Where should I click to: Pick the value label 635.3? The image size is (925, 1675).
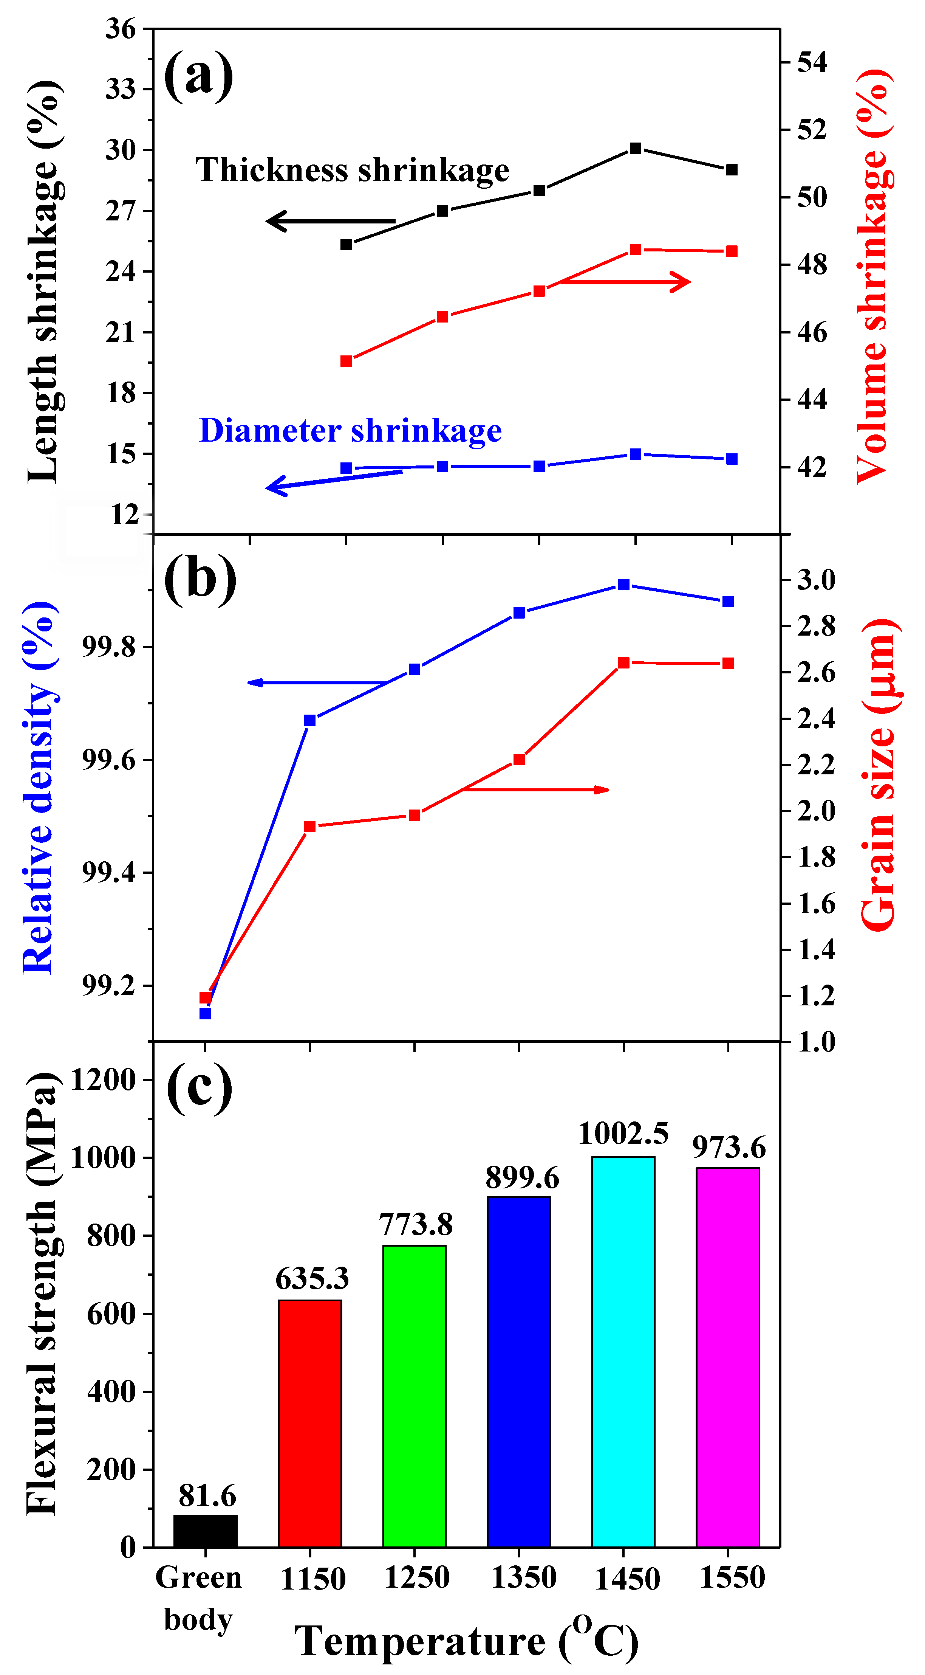tap(311, 1279)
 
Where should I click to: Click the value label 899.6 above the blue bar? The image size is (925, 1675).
tap(522, 1177)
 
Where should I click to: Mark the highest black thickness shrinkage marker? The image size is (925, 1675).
tap(636, 148)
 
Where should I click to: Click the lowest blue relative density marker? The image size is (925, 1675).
tap(206, 1013)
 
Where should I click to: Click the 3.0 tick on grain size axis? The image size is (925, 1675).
tap(816, 579)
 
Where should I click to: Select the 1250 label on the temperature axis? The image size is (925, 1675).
tap(416, 1577)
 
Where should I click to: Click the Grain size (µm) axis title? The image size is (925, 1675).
tap(879, 774)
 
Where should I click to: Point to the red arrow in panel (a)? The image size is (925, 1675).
tap(624, 282)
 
